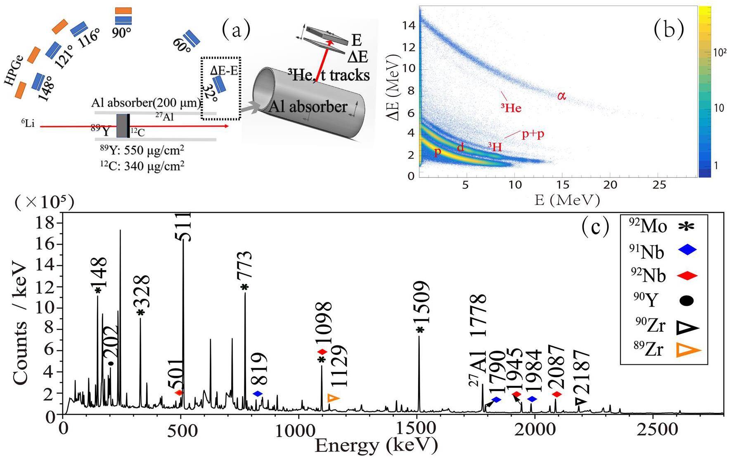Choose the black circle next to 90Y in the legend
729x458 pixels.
[x=687, y=300]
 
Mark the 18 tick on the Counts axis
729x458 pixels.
[x=50, y=223]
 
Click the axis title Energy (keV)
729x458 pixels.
[x=376, y=446]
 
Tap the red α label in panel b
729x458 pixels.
[x=561, y=96]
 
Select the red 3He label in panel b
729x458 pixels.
[x=511, y=108]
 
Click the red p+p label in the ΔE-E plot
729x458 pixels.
[x=533, y=135]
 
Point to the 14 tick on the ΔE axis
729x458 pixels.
[x=409, y=26]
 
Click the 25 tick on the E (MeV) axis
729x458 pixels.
[x=659, y=185]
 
